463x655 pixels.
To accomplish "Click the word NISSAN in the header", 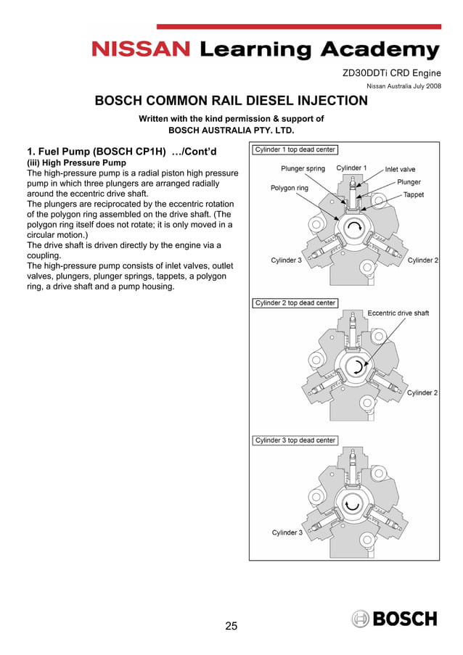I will point(141,49).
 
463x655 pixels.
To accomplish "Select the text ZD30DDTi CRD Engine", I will point(391,73).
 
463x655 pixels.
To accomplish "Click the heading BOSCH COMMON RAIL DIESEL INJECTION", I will point(231,101).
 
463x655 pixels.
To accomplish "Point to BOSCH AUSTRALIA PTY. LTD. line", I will point(231,131).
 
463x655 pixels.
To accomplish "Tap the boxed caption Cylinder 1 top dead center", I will point(295,150).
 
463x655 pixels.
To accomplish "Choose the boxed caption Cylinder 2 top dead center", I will point(295,303).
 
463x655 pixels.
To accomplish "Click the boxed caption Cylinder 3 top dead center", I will point(295,440).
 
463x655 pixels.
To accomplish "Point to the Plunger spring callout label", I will point(303,169).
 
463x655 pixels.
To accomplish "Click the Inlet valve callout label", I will point(400,170).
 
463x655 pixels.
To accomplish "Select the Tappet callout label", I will point(414,194).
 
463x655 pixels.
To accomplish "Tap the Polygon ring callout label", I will point(289,188).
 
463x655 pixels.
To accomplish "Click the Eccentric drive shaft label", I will point(398,313).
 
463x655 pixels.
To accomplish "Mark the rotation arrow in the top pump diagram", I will point(355,230).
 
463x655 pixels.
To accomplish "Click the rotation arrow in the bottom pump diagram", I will point(353,505).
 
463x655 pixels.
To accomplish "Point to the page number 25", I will point(231,625).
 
